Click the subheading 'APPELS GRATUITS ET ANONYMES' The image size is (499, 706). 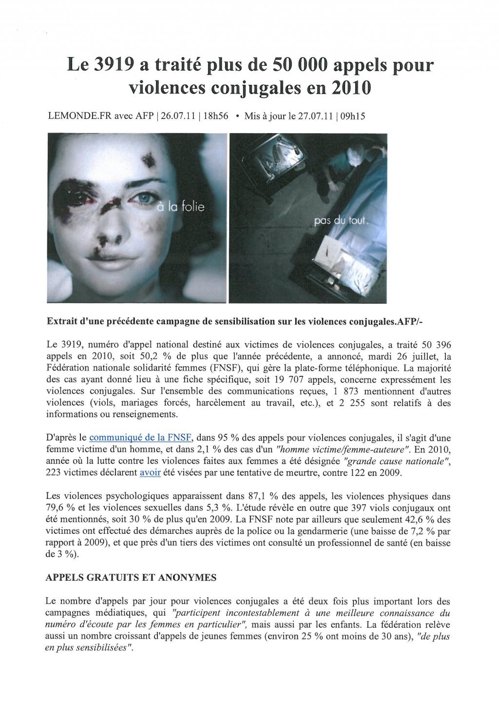click(x=131, y=577)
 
